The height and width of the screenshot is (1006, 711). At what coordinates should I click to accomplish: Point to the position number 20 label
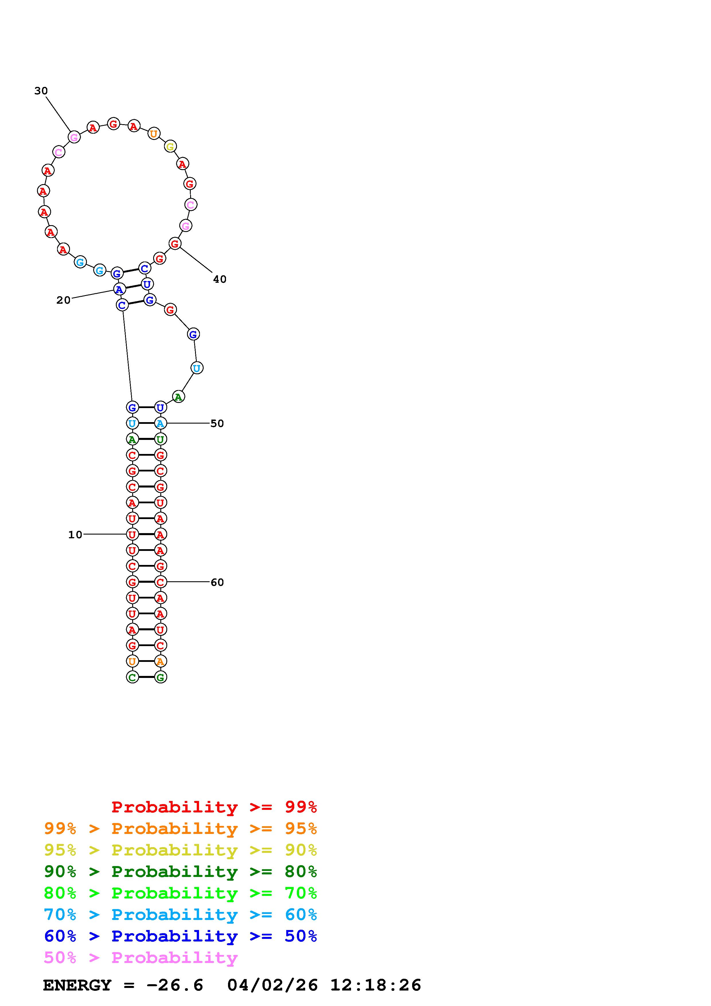(63, 300)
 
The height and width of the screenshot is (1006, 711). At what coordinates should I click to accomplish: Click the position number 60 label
(217, 582)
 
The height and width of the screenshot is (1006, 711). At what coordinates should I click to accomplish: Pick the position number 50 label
(217, 423)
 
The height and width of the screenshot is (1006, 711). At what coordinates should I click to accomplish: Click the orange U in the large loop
(153, 134)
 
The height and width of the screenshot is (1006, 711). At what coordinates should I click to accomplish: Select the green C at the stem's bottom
(132, 677)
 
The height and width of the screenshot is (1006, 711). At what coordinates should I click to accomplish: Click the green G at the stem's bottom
(160, 677)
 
